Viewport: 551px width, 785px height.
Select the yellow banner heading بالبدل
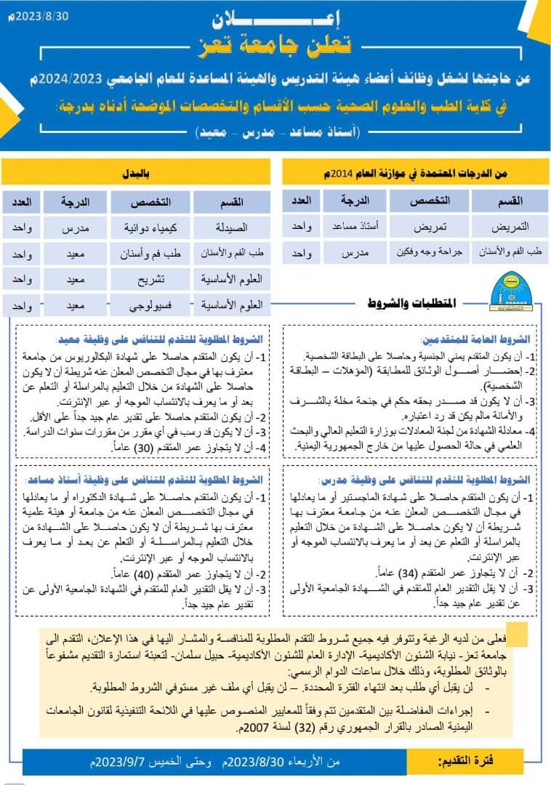[136, 172]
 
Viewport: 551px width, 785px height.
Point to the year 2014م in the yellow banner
[338, 172]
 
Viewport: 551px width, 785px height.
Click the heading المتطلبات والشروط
[414, 302]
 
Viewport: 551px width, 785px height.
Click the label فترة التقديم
[466, 761]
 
